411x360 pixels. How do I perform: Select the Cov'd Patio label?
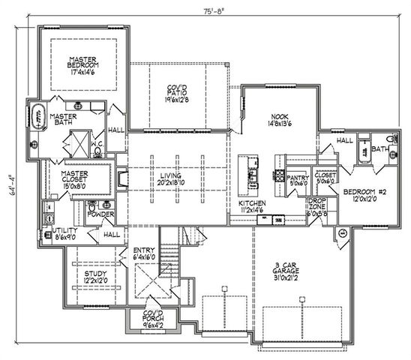click(177, 92)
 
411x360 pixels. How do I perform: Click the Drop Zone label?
click(316, 207)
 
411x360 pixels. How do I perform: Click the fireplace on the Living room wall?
click(123, 178)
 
